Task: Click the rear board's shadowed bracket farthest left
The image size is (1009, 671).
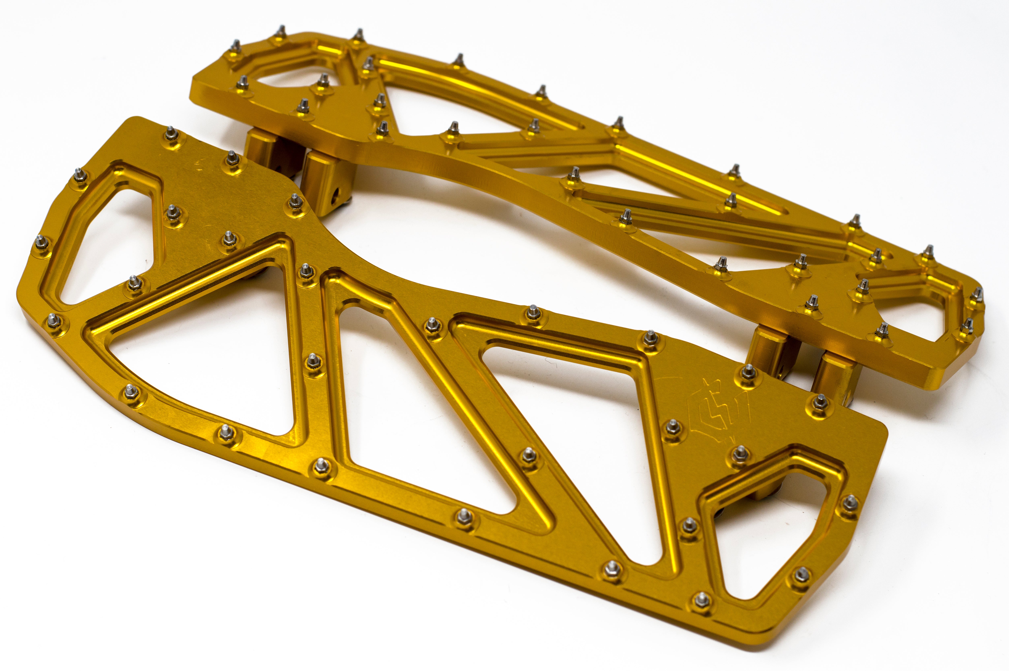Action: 265,150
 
